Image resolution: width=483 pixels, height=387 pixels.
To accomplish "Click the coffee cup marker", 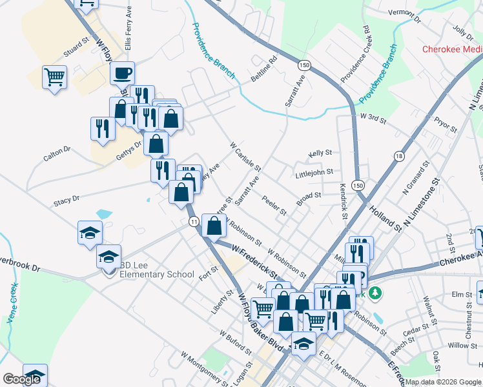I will pos(122,73).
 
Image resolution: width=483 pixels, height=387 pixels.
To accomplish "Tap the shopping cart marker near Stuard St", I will pos(55,77).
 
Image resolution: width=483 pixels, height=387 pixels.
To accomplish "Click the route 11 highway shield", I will pos(193,221).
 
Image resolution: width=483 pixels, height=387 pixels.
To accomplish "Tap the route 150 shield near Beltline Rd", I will pos(303,65).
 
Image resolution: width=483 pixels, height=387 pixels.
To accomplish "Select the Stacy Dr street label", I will pos(67,201).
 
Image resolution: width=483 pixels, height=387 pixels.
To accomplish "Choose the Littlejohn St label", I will pos(314,172).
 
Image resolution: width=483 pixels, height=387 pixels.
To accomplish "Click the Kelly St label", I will pos(320,154).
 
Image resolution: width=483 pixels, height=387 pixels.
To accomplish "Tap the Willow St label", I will pos(462,346).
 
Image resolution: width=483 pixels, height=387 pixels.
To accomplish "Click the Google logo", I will pos(21,379).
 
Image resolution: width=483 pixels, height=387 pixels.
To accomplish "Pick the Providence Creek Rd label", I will pos(355,54).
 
